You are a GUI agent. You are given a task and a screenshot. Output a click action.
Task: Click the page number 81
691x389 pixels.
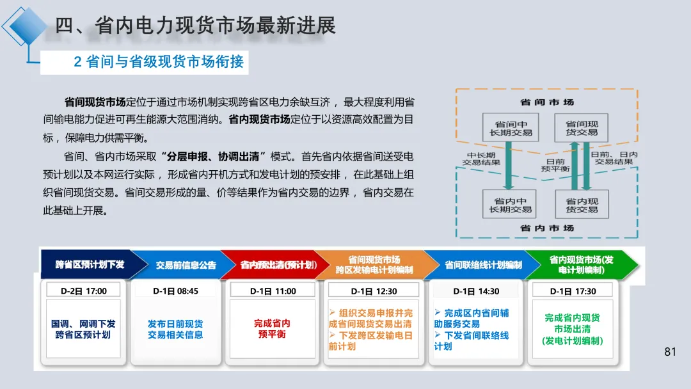tap(671, 351)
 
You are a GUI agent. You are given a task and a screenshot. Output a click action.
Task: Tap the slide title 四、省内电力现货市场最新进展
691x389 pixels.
tap(195, 26)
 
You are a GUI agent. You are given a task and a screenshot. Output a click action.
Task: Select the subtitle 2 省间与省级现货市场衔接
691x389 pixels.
tap(159, 61)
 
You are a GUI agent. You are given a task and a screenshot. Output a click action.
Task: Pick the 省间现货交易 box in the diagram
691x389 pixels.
tap(582, 128)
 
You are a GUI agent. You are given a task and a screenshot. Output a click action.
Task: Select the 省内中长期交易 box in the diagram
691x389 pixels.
tap(510, 205)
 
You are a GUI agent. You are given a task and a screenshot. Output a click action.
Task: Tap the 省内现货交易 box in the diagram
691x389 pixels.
tap(582, 205)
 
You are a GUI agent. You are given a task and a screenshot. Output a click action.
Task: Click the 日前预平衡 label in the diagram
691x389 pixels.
tap(555, 165)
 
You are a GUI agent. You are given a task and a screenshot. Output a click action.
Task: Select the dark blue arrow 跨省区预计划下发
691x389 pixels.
tap(88, 264)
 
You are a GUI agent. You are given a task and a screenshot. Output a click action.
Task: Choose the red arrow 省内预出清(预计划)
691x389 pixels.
tap(268, 264)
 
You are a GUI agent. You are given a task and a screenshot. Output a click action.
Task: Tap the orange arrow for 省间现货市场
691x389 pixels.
tap(374, 264)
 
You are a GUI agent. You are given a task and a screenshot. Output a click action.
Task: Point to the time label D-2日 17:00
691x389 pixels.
tap(84, 291)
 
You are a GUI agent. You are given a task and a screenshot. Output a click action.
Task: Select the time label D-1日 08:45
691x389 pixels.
tap(175, 291)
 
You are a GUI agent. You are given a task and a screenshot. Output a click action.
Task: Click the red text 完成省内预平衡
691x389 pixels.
tap(272, 329)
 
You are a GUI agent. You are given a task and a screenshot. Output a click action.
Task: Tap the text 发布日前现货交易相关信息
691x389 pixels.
tap(175, 329)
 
